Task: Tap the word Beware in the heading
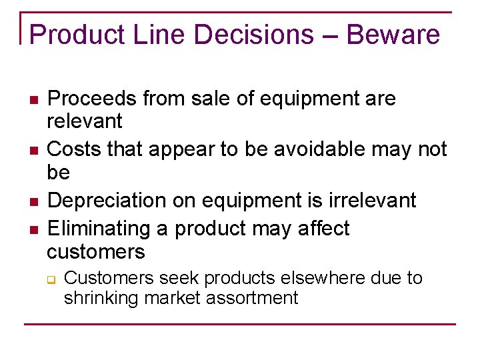(394, 35)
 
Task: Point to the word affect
(321, 229)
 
